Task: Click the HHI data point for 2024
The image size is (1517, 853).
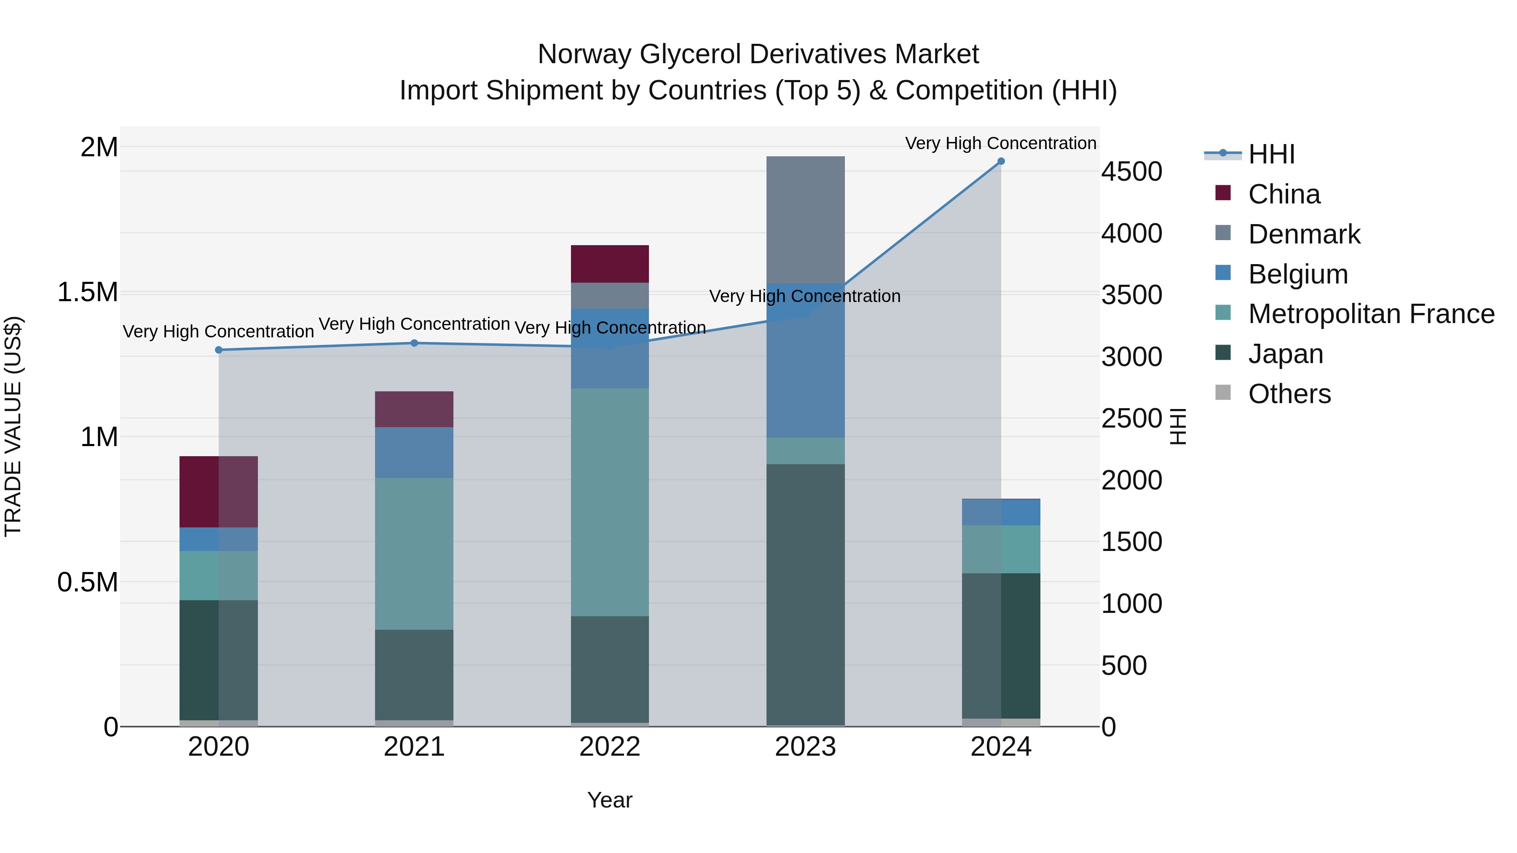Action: (x=1000, y=161)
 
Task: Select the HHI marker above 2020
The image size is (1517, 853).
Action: (x=218, y=350)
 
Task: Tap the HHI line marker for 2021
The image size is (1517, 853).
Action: (x=414, y=343)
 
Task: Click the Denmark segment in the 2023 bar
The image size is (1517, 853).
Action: (x=805, y=219)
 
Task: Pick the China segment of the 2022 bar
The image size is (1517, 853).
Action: (x=609, y=264)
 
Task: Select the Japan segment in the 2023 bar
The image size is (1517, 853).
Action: (x=805, y=594)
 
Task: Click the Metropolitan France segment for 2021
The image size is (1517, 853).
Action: (x=414, y=554)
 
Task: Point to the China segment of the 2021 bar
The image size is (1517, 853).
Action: (x=414, y=409)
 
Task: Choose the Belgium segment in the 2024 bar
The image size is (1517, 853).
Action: (x=1000, y=512)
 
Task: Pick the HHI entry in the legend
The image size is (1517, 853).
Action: (x=1271, y=154)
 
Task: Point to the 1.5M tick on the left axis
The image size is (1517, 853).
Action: (x=88, y=292)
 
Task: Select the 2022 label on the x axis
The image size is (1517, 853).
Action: (x=609, y=747)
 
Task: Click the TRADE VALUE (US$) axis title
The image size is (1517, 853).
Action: (x=13, y=426)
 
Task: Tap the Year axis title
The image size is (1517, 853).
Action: (x=609, y=800)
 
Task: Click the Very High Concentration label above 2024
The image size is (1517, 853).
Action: (x=1000, y=143)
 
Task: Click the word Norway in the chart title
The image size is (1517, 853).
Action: (x=584, y=54)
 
